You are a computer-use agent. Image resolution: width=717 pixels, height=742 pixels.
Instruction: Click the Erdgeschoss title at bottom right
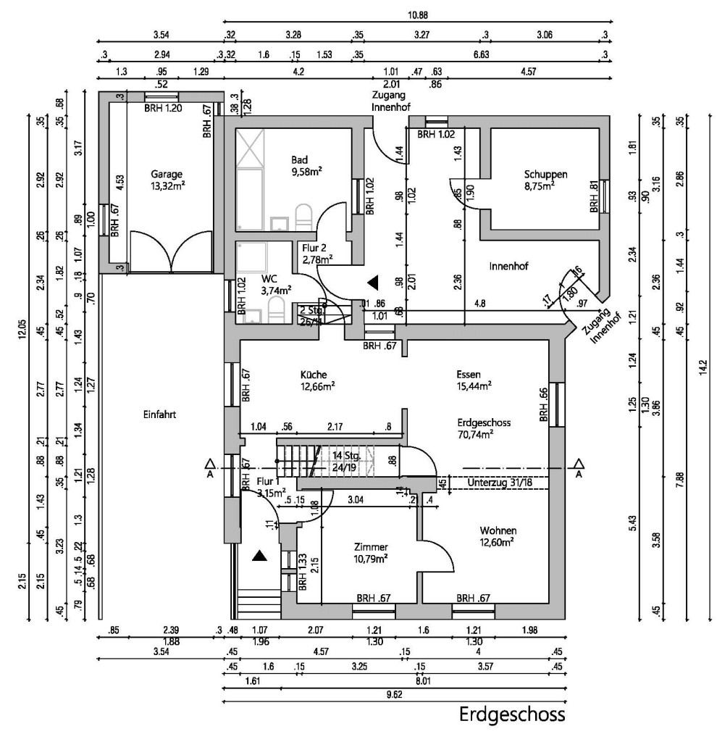511,715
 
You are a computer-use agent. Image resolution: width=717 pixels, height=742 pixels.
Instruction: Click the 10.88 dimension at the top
418,14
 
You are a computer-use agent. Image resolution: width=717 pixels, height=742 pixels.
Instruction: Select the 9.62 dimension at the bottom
395,694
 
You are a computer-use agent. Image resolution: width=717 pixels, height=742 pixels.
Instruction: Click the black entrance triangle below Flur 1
260,556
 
